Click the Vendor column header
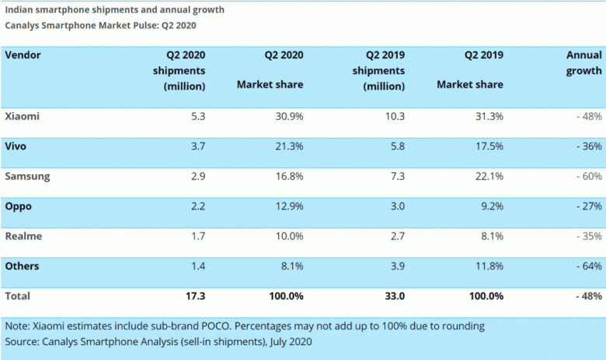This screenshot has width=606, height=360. tap(23, 55)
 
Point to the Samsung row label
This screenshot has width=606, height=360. tap(27, 176)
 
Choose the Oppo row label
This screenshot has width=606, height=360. tap(20, 206)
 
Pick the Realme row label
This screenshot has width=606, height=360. tap(24, 236)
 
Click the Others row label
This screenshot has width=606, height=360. tap(23, 266)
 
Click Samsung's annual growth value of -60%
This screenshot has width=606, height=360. tap(587, 176)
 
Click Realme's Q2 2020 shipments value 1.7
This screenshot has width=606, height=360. tap(197, 236)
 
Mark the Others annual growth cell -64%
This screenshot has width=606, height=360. tap(587, 266)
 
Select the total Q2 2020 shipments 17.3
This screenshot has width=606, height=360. tap(194, 296)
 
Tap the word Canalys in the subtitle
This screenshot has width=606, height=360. tap(24, 25)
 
